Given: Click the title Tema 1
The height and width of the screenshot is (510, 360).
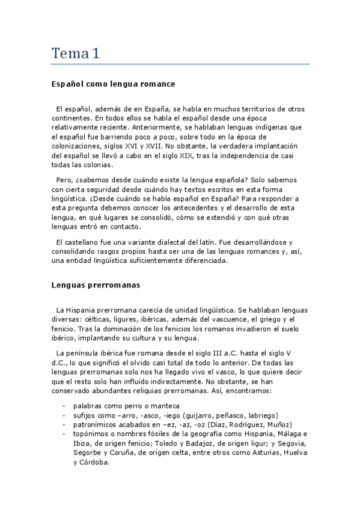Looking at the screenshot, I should (75, 54).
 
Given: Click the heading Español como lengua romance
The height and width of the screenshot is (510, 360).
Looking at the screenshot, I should (112, 84).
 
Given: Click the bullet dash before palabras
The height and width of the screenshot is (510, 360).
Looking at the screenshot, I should (64, 406).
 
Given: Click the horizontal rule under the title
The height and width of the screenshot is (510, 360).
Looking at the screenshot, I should (180, 64).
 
